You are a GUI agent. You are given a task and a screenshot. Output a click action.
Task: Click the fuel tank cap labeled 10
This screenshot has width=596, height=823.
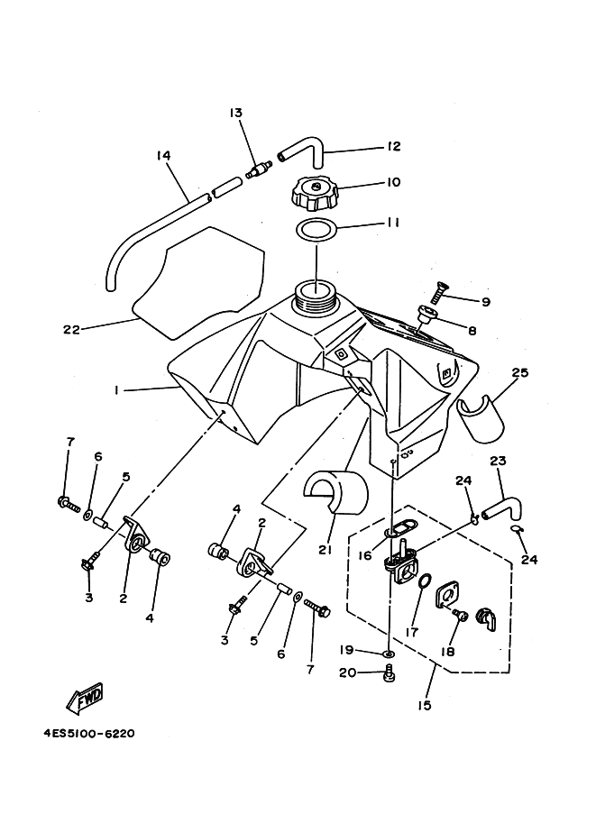pos(315,194)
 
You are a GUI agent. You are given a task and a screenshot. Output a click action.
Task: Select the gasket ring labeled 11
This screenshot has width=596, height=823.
pos(316,230)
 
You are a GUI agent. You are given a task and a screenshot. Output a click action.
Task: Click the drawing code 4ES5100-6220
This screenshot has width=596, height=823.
pos(89,733)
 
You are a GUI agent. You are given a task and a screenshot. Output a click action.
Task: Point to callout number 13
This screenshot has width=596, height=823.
pos(235,113)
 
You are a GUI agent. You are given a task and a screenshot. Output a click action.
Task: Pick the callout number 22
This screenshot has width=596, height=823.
pos(71,330)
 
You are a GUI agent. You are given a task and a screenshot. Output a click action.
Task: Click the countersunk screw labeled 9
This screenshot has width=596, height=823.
pos(437,291)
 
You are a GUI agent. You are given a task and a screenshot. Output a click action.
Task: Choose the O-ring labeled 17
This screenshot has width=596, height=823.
pos(425,581)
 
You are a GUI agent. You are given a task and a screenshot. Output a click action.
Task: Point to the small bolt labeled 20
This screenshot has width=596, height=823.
pos(390,672)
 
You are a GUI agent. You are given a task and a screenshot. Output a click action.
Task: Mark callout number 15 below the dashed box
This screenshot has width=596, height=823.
pos(425,705)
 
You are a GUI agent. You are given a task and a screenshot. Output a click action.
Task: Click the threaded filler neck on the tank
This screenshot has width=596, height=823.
pos(315,295)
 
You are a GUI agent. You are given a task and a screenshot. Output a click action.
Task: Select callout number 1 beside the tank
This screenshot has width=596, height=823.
pos(115,389)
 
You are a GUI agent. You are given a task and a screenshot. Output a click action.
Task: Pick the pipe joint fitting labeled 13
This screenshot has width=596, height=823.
pos(257,169)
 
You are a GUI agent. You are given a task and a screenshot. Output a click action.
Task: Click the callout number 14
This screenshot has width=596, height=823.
pos(163,155)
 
